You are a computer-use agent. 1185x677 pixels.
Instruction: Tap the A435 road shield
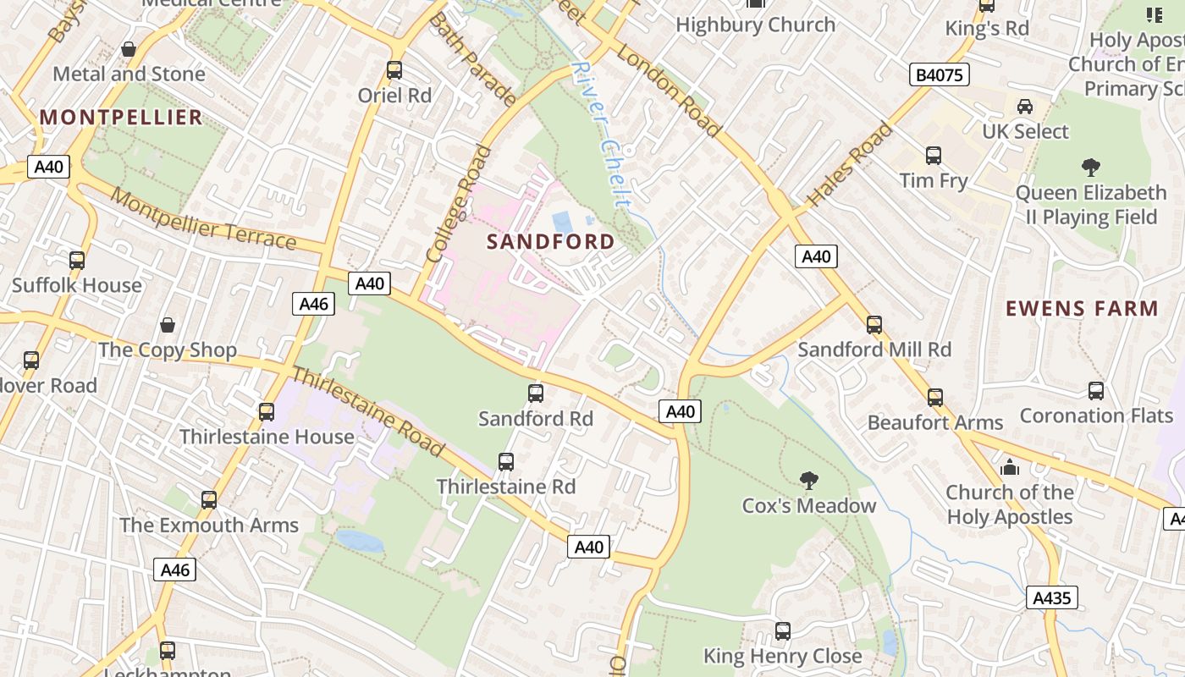pos(1052,598)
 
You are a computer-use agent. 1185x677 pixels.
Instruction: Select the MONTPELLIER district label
pos(121,117)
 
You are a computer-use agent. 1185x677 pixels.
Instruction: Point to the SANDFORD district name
pos(551,242)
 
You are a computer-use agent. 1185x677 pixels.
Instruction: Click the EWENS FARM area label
pos(1082,309)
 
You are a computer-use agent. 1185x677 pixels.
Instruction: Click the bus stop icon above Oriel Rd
pos(394,70)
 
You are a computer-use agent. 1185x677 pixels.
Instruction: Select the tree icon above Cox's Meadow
pos(809,481)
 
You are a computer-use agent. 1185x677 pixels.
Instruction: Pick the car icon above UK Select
pos(1025,107)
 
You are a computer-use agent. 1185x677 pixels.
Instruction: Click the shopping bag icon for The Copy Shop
pos(168,325)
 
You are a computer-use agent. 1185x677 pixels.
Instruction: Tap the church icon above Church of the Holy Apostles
pos(1009,467)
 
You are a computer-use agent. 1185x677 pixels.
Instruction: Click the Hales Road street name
pos(849,165)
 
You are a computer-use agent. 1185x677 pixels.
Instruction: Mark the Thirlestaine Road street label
pos(368,411)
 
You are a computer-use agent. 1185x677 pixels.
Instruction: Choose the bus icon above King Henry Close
pos(783,630)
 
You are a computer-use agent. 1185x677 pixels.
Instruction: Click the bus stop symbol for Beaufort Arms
pos(935,397)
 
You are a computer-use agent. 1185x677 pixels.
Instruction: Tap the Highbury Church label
pos(755,25)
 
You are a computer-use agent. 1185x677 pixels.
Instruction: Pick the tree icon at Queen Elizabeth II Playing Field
pos(1090,168)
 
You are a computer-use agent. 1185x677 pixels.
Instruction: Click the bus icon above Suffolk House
pos(77,260)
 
